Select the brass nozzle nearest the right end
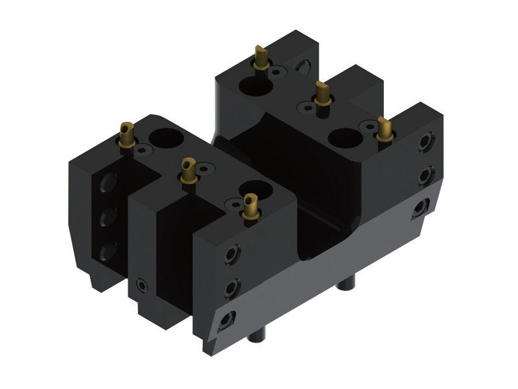[384, 129]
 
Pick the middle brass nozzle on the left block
[189, 171]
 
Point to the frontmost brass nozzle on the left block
[249, 209]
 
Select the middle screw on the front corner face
[231, 286]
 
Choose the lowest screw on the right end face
[422, 207]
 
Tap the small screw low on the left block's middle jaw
[141, 285]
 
